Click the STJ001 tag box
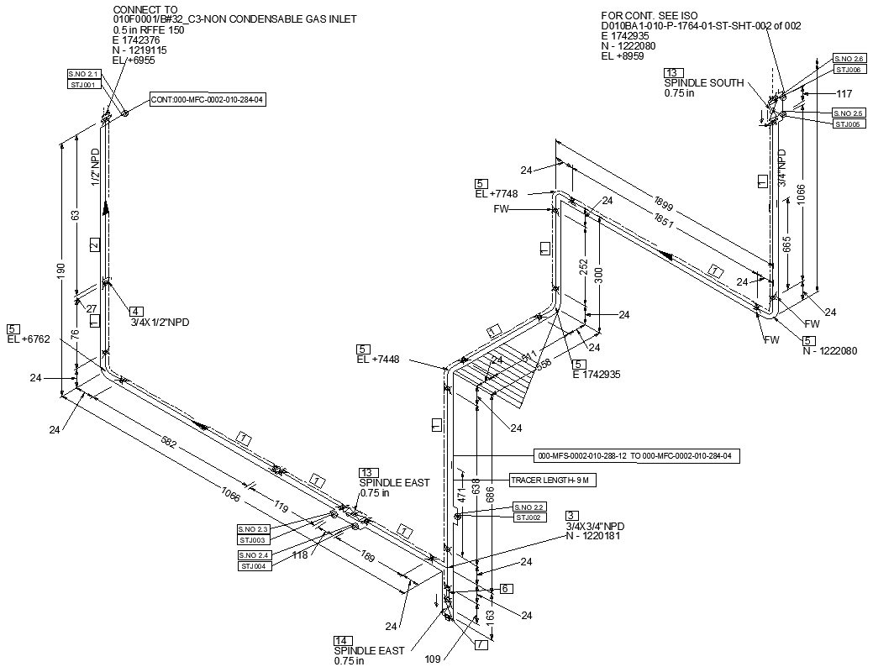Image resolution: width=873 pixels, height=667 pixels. click(x=84, y=85)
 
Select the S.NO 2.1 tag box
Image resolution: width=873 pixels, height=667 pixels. click(x=84, y=74)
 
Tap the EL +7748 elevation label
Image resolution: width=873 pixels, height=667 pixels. click(x=496, y=194)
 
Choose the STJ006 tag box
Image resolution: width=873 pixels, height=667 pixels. click(x=848, y=70)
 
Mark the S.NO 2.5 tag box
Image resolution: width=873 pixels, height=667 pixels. click(x=848, y=113)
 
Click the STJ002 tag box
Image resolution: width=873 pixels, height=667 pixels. click(x=530, y=517)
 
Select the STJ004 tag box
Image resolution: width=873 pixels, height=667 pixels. click(x=254, y=566)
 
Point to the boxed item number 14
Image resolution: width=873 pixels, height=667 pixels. click(x=342, y=639)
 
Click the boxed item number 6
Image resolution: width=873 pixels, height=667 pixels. click(x=505, y=589)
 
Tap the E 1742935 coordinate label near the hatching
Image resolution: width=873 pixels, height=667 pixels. click(x=596, y=375)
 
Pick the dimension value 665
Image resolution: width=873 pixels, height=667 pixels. click(x=787, y=244)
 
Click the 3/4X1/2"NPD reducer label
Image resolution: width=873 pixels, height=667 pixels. click(x=159, y=323)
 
